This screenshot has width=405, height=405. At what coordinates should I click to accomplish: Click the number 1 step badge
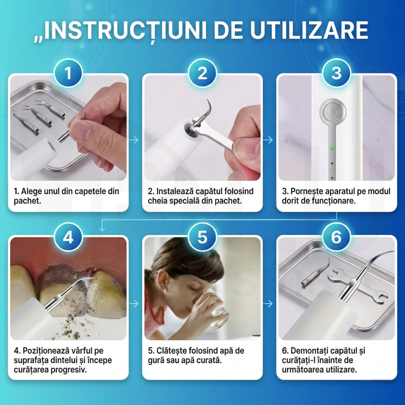tap(68, 73)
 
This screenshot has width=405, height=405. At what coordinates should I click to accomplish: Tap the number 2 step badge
tap(202, 73)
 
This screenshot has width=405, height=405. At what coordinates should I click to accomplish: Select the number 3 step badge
tap(336, 73)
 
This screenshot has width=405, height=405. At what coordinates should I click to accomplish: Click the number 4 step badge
tap(68, 238)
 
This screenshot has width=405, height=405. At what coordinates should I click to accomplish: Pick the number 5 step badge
tap(202, 238)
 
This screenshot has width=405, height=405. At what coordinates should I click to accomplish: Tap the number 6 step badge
tap(336, 238)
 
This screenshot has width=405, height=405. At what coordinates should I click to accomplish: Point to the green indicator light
tap(332, 149)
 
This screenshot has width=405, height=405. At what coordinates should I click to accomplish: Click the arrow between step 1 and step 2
tap(134, 140)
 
